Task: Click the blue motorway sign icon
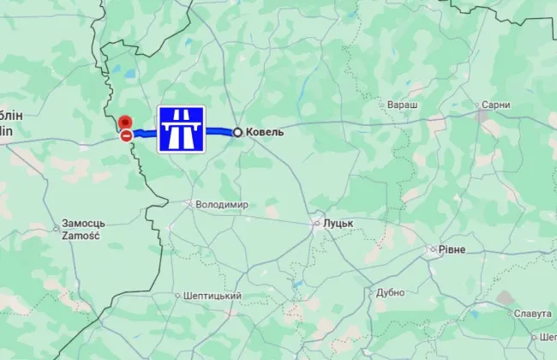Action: click(x=181, y=130)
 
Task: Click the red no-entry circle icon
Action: click(x=126, y=135)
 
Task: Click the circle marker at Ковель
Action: click(x=237, y=132)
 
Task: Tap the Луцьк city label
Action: click(x=338, y=223)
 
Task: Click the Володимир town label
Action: click(x=222, y=205)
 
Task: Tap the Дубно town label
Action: click(x=390, y=292)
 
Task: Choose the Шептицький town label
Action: click(x=213, y=296)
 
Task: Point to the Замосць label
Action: click(x=84, y=223)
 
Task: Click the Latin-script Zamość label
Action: click(x=81, y=235)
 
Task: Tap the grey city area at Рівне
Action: click(x=434, y=250)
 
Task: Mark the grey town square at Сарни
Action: click(x=482, y=112)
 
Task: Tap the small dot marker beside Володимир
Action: click(x=190, y=204)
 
